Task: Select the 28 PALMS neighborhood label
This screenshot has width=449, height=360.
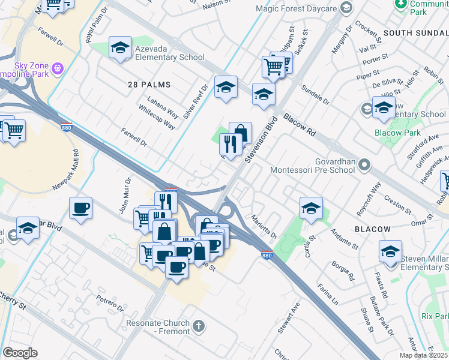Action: (x=149, y=85)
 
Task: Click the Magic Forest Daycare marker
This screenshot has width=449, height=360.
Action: (x=346, y=8)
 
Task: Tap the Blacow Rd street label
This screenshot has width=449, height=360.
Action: (x=300, y=125)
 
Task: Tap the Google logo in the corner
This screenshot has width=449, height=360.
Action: (x=20, y=353)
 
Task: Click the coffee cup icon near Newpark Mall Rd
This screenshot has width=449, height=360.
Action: (x=80, y=208)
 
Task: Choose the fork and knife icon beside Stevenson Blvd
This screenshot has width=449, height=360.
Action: (x=231, y=145)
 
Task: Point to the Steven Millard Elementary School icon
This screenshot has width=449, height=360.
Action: (x=390, y=251)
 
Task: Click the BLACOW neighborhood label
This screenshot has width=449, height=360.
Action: (x=372, y=229)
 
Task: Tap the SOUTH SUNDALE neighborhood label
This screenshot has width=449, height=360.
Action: (x=415, y=32)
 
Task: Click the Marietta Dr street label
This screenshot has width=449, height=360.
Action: (x=264, y=226)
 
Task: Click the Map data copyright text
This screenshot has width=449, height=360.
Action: (x=423, y=355)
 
